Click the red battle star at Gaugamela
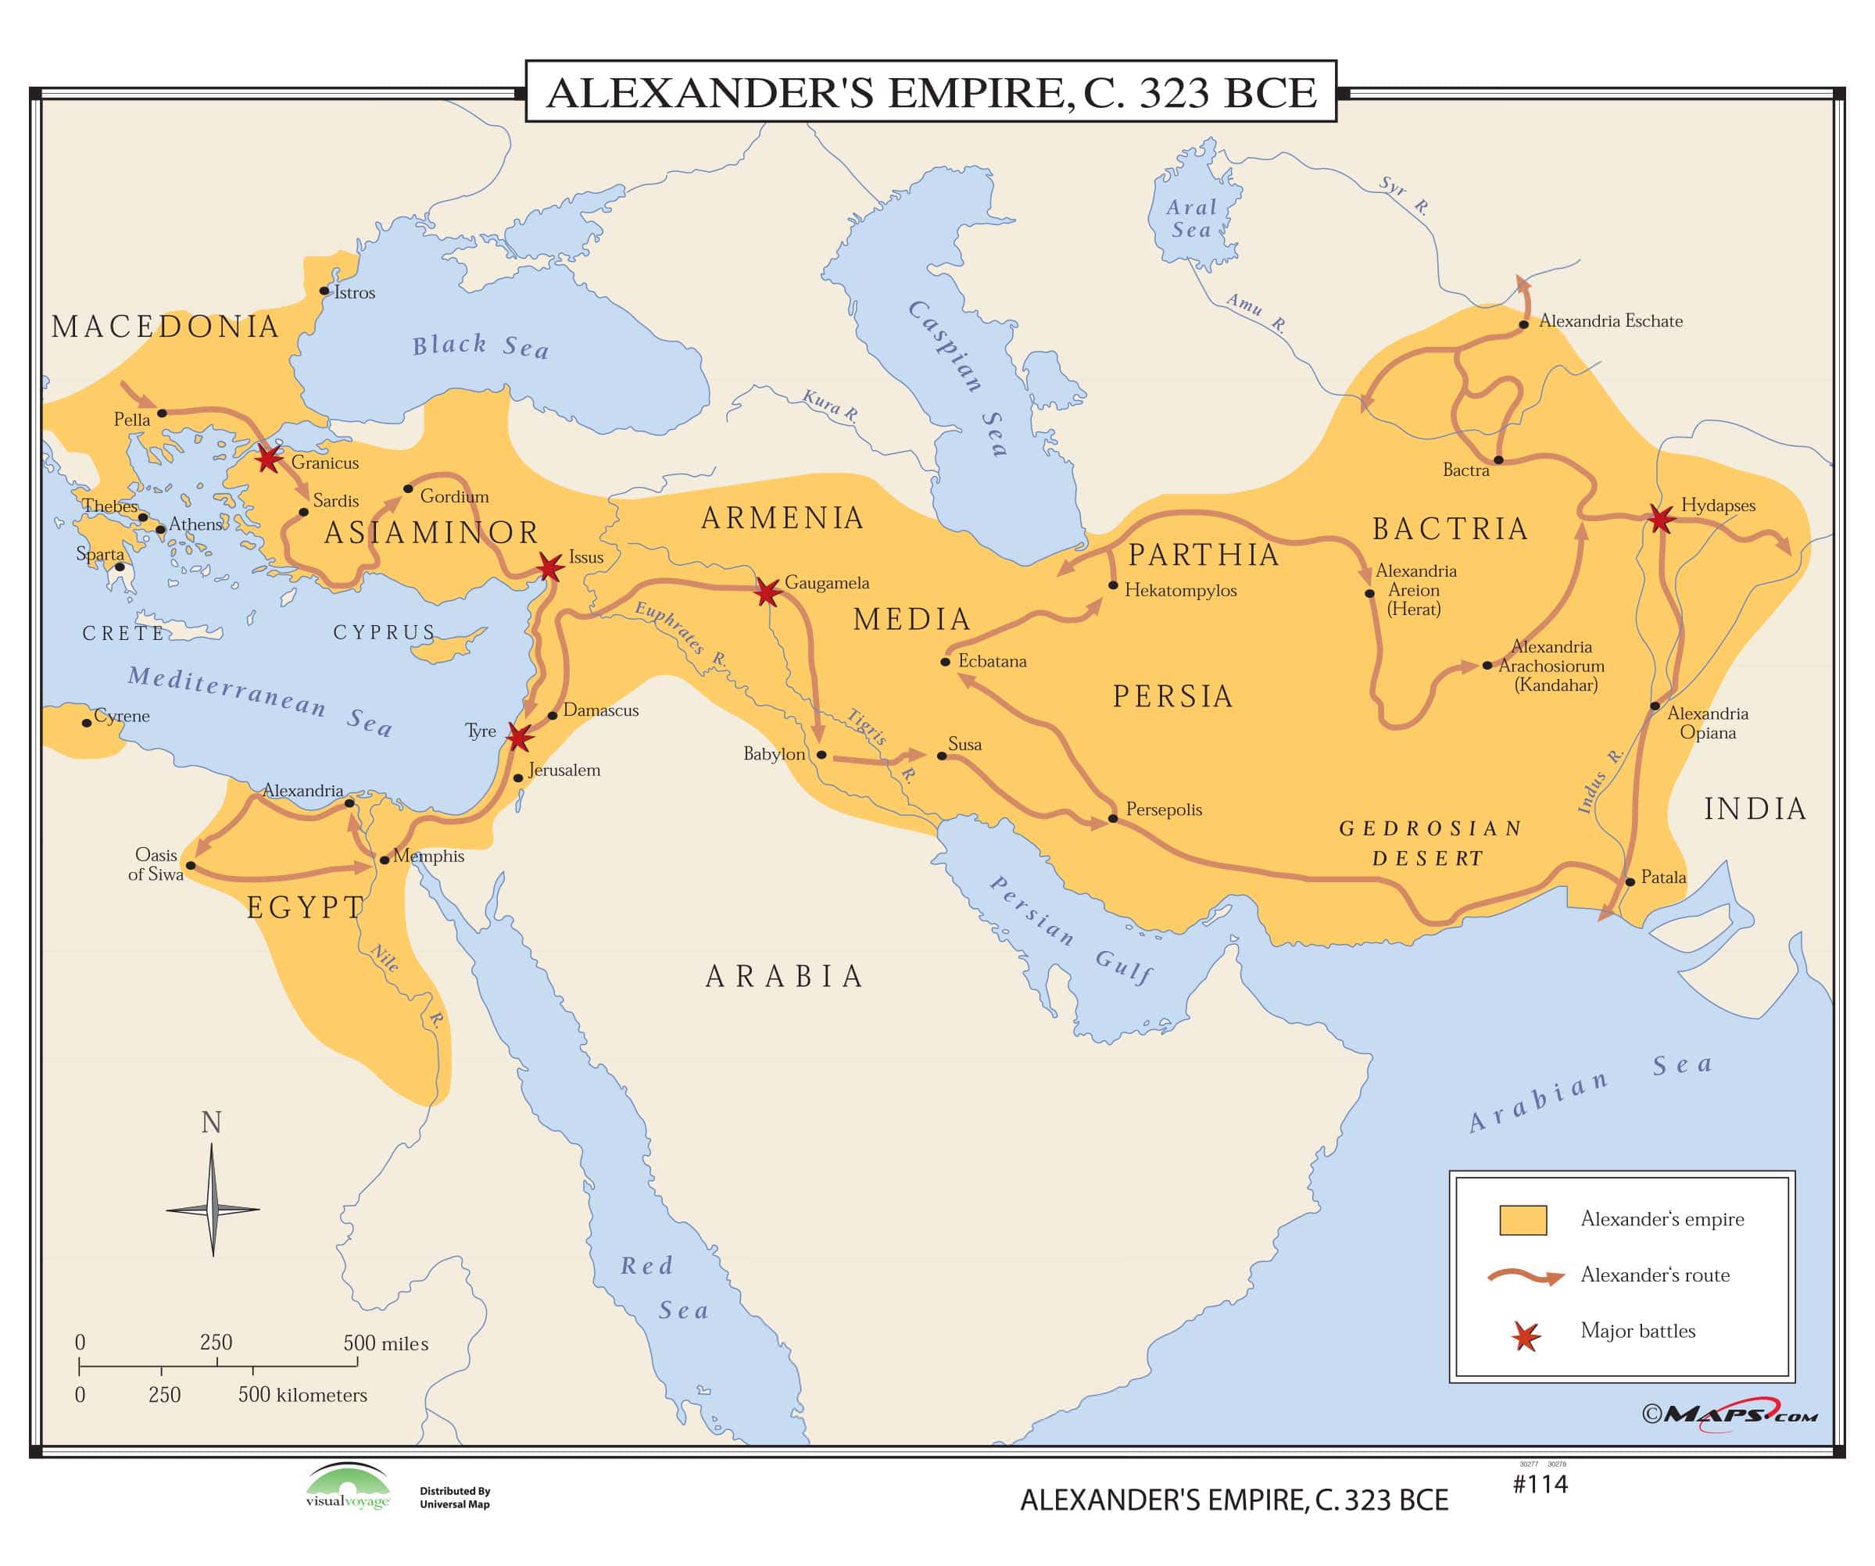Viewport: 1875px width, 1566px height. [x=766, y=591]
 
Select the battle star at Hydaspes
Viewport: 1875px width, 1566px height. [x=1660, y=519]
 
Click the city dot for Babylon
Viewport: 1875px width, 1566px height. [x=821, y=754]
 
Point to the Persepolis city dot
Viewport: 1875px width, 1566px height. [x=1112, y=818]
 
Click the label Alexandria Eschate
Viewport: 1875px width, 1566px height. [x=1610, y=321]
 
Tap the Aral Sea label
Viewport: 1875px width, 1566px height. [x=1191, y=219]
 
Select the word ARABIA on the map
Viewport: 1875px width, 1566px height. [x=785, y=977]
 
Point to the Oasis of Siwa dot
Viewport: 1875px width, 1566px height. [x=190, y=865]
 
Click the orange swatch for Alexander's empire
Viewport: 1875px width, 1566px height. [x=1523, y=1221]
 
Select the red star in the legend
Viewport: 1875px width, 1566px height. [x=1526, y=1336]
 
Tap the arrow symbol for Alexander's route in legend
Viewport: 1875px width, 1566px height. [x=1525, y=1277]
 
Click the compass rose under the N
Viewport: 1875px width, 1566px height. [x=213, y=1210]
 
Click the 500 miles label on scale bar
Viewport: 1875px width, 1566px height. [x=386, y=1344]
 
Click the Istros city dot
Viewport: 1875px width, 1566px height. [x=324, y=291]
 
